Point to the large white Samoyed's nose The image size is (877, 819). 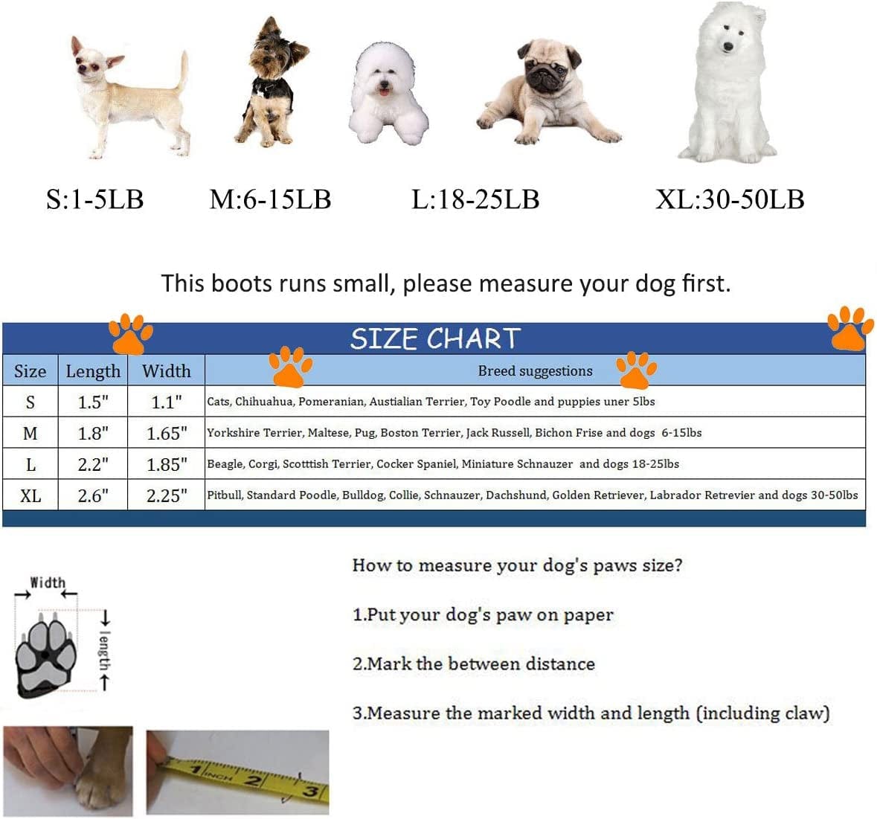click(727, 46)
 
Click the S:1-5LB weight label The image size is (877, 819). click(95, 199)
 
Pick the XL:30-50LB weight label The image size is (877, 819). click(730, 199)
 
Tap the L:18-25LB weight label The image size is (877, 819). click(475, 199)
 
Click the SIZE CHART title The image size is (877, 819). click(435, 338)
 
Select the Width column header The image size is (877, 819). click(166, 371)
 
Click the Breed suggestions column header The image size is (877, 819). click(535, 371)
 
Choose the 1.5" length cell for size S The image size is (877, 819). click(93, 402)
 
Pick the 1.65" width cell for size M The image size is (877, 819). click(167, 434)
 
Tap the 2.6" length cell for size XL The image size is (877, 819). click(93, 495)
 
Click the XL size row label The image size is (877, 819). click(30, 495)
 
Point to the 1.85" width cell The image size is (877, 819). click(167, 464)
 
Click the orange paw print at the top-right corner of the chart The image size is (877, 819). click(849, 328)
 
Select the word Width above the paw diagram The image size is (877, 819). click(48, 582)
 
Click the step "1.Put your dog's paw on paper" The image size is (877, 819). click(483, 615)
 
